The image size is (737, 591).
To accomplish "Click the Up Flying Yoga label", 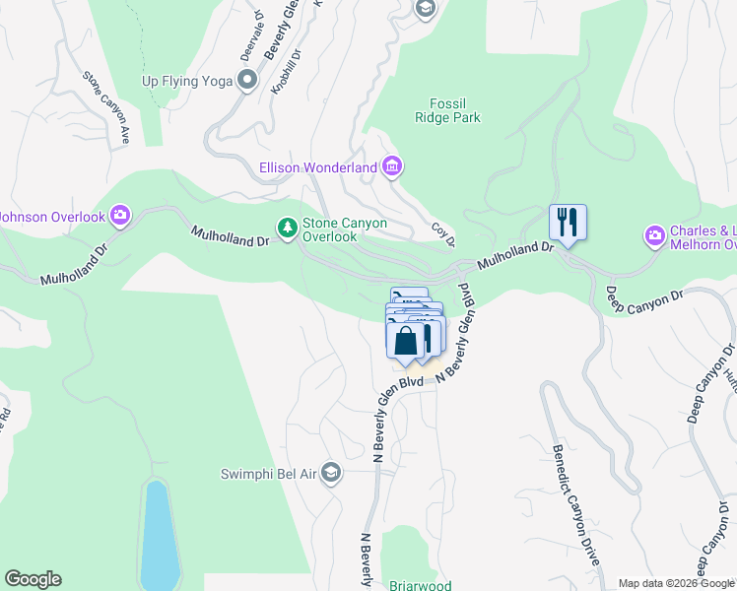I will click(187, 81).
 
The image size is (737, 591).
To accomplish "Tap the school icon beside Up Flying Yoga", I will click(246, 81).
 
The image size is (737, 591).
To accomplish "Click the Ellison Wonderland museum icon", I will click(392, 166).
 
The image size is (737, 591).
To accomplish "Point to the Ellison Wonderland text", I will click(318, 167).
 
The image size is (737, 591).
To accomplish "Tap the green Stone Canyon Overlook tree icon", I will click(287, 229).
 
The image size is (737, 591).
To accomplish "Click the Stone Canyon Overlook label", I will click(344, 230).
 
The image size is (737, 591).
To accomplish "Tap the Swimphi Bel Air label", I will click(268, 474).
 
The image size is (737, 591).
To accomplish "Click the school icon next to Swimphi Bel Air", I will click(331, 474).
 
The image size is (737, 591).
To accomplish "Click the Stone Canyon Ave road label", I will click(106, 108).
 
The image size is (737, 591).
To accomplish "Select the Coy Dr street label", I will click(443, 234).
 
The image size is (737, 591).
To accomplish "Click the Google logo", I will click(33, 579).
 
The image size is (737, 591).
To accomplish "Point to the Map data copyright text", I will click(677, 583).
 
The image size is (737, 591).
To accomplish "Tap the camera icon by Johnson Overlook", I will click(120, 214).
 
